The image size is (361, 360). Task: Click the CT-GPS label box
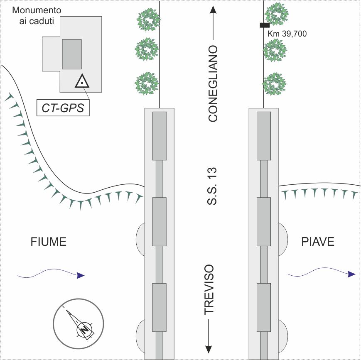(63, 108)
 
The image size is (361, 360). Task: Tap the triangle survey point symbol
(83, 82)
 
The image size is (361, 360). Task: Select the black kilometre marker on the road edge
(265, 25)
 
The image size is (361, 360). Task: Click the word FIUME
(49, 242)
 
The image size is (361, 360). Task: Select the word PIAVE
(318, 242)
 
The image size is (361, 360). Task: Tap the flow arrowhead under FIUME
(81, 275)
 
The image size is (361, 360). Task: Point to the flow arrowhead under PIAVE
(351, 274)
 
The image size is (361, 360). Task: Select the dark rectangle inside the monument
(72, 54)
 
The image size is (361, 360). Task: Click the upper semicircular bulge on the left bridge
(140, 239)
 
